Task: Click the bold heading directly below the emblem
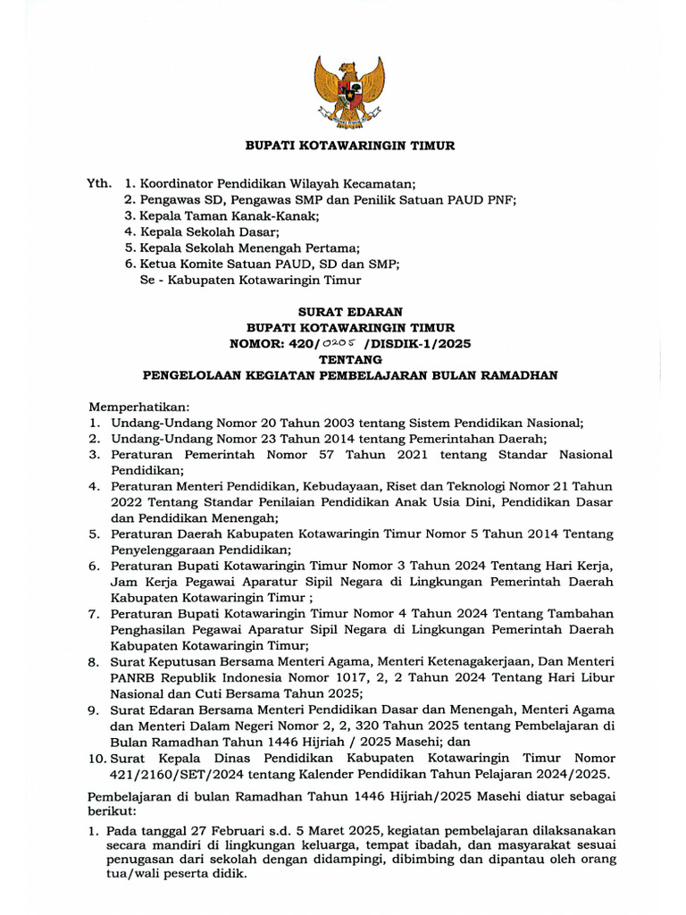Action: click(351, 145)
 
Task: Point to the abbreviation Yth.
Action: click(99, 183)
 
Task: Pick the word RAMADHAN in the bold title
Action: click(521, 376)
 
